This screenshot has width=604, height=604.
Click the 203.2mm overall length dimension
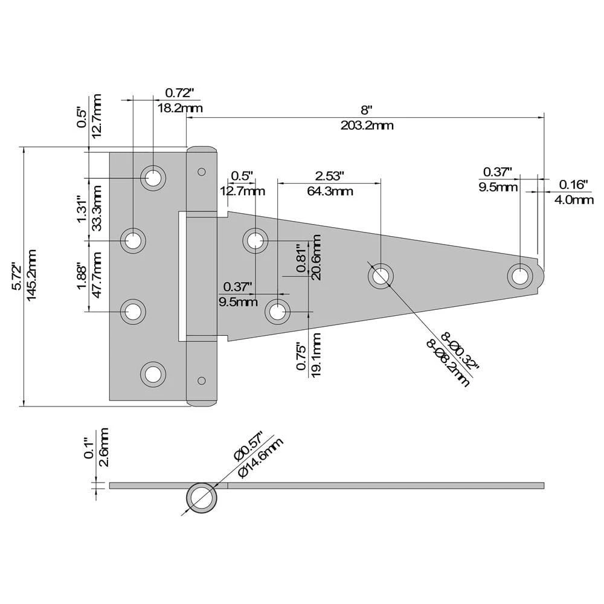point(367,126)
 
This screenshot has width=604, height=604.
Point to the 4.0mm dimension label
point(574,200)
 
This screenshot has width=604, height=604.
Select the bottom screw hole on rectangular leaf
point(153,374)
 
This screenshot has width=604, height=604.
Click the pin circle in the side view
point(202,498)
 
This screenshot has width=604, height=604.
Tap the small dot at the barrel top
point(202,171)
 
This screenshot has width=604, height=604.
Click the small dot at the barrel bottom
point(202,381)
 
